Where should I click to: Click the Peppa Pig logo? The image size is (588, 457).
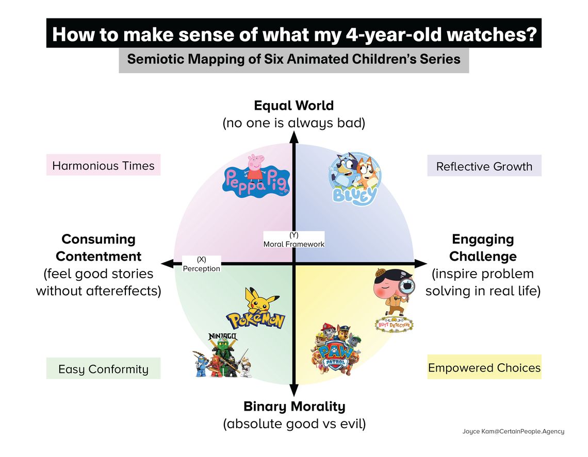pos(256,177)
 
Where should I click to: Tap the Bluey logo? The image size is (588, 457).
pos(355,179)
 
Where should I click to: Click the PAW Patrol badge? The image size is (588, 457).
pos(335,349)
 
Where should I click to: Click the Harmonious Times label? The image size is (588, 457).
pos(104,165)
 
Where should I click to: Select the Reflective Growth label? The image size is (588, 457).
pos(484,166)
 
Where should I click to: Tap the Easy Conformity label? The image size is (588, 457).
pos(104,368)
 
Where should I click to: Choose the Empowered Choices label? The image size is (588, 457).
pos(484,367)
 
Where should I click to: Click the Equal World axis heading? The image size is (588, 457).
pos(294,105)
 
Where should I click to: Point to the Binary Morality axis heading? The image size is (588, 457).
pos(295,406)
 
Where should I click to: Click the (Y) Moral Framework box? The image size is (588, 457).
pos(293,240)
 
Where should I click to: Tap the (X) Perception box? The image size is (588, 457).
pos(201,264)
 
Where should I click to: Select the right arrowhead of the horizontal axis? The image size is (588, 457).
pos(421,264)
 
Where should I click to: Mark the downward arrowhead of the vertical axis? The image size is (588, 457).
pos(295,391)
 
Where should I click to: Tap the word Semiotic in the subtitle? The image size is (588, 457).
pos(155,59)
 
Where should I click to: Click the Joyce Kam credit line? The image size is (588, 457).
pos(513,431)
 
